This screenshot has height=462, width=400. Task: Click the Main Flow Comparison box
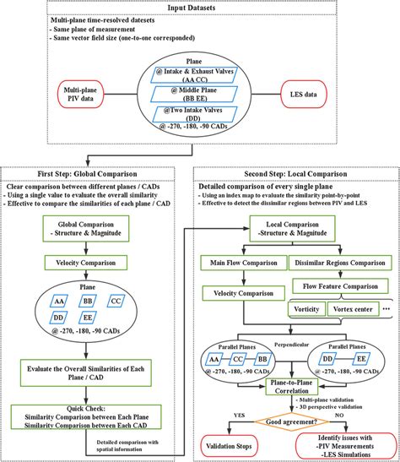pos(240,264)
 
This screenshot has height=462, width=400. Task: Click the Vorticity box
pos(308,310)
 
